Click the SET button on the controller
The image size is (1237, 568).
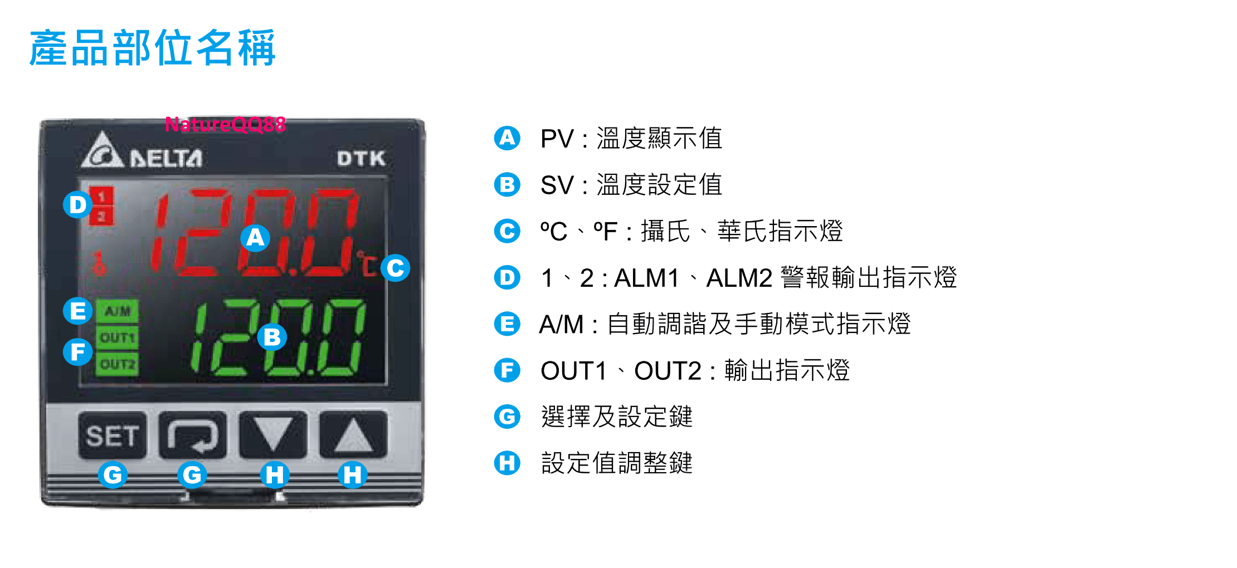click(x=113, y=435)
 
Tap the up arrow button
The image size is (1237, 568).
click(x=353, y=435)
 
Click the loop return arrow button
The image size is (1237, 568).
click(x=193, y=435)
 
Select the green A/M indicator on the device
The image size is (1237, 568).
click(x=117, y=311)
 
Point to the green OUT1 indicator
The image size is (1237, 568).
click(x=117, y=337)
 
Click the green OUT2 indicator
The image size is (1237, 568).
click(x=117, y=364)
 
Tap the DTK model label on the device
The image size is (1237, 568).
click(x=361, y=159)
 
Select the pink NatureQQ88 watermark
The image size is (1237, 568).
click(x=226, y=124)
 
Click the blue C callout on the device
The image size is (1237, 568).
click(x=396, y=268)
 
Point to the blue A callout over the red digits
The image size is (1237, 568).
click(x=255, y=238)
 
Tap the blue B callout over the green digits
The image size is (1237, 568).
click(x=272, y=337)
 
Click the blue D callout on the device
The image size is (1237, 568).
click(x=77, y=204)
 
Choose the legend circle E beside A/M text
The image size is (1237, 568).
click(x=507, y=324)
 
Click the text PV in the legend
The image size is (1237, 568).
click(x=557, y=139)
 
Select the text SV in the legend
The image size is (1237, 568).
click(x=557, y=185)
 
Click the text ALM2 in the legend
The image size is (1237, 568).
click(x=739, y=278)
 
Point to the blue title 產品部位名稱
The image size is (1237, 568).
click(x=153, y=48)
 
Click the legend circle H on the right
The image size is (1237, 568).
click(x=507, y=463)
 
